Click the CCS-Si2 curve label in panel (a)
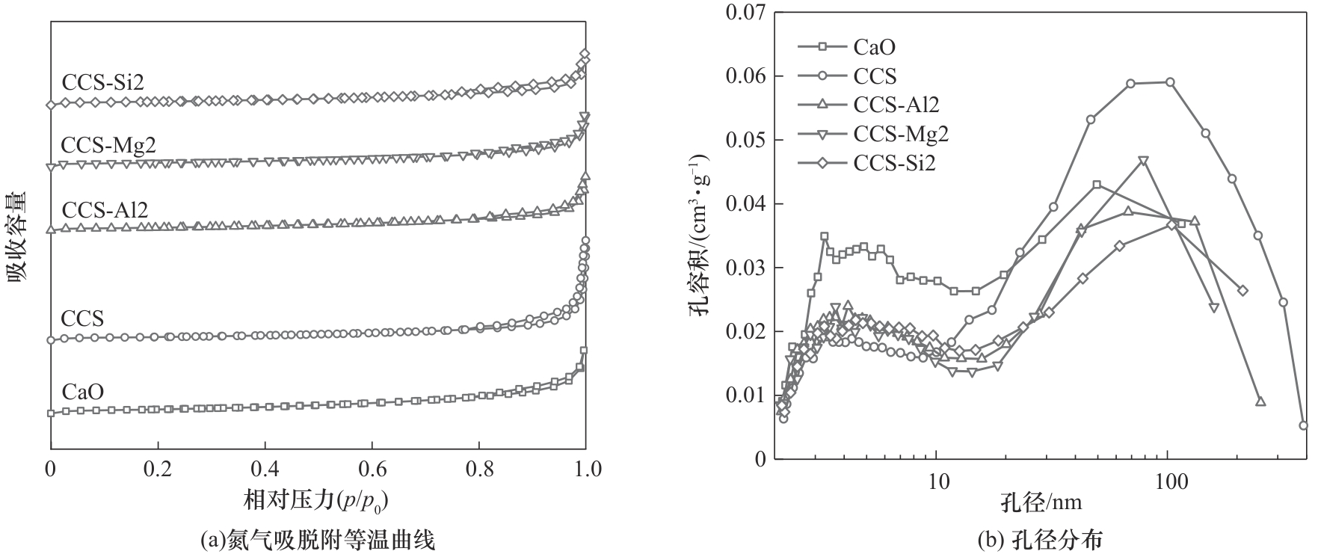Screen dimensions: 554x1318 coord(103,82)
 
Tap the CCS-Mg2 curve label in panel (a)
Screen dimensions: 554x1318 coord(108,144)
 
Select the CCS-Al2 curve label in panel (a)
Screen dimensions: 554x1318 coord(105,209)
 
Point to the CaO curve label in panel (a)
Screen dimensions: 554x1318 coord(82,392)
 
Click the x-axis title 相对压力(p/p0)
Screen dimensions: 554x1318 coord(318,499)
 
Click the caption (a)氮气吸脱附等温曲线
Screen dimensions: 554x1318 coord(318,538)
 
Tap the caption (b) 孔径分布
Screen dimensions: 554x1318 coord(1042,538)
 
